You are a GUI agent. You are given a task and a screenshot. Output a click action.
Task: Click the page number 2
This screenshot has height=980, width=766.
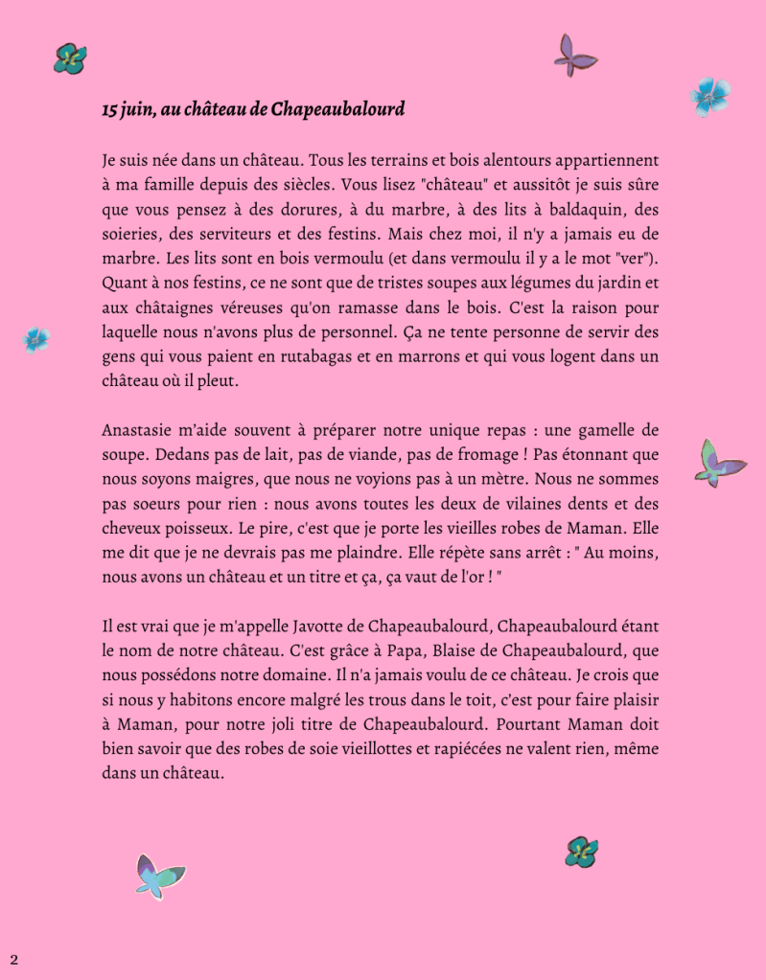tap(13, 959)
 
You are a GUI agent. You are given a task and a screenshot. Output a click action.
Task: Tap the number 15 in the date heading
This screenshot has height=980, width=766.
tap(109, 109)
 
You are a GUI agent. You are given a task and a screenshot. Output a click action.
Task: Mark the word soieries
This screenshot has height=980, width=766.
tap(131, 234)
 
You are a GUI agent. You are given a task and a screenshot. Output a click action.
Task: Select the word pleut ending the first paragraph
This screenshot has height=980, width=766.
tap(216, 381)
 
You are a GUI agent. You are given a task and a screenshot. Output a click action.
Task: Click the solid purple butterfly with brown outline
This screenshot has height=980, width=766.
tap(574, 56)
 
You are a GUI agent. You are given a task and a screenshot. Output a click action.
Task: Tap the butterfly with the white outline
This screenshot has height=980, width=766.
tap(158, 876)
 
